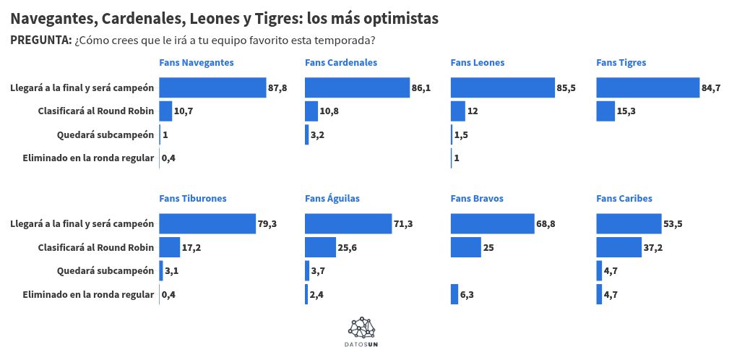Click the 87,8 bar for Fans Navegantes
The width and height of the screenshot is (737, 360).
pyautogui.click(x=212, y=87)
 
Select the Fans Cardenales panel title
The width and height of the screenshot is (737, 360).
pyautogui.click(x=340, y=63)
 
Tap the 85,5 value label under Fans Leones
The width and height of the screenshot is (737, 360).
pyautogui.click(x=566, y=87)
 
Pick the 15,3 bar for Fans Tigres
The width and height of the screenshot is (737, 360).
pyautogui.click(x=605, y=111)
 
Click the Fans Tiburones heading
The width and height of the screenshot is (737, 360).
pyautogui.click(x=193, y=199)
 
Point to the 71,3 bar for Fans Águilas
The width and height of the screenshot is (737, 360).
pyautogui.click(x=348, y=224)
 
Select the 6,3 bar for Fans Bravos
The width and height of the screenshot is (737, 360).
pyautogui.click(x=454, y=294)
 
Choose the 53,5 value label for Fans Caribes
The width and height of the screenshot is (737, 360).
pyautogui.click(x=673, y=224)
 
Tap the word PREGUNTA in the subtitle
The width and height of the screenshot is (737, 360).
pyautogui.click(x=40, y=40)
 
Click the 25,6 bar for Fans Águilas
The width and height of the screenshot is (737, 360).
pyautogui.click(x=320, y=247)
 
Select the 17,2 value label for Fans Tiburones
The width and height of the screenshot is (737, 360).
pyautogui.click(x=191, y=247)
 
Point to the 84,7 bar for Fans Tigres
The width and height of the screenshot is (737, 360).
pyautogui.click(x=647, y=87)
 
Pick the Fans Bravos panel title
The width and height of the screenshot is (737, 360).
pyautogui.click(x=477, y=199)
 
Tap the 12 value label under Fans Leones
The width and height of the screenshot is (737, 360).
pyautogui.click(x=473, y=111)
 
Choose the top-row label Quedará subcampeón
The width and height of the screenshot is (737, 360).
pyautogui.click(x=105, y=134)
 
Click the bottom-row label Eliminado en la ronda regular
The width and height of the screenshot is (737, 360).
pyautogui.click(x=88, y=294)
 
